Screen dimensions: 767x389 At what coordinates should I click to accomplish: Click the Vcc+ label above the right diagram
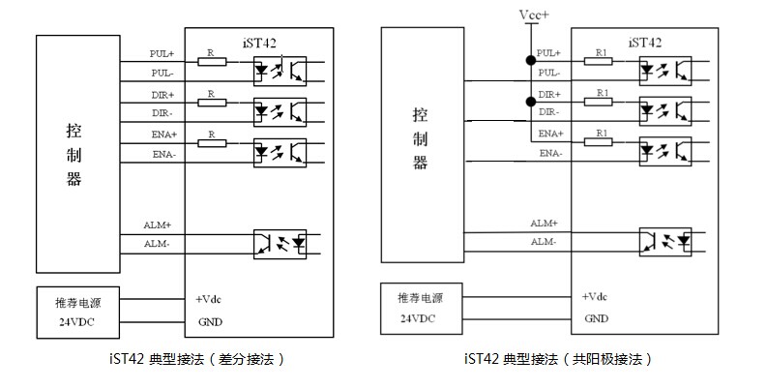tap(534, 15)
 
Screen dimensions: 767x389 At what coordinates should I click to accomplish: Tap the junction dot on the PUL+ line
tap(531, 61)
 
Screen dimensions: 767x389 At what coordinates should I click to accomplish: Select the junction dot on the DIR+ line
tap(531, 102)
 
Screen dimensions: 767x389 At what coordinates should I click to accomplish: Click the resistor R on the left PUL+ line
tap(212, 61)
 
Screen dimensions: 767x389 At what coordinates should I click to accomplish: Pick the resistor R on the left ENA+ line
tap(212, 143)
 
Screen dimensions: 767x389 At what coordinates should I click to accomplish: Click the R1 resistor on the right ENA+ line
tap(599, 142)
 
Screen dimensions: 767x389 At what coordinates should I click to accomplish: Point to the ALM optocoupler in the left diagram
tap(280, 244)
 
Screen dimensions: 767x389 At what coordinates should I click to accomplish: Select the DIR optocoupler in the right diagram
tap(665, 111)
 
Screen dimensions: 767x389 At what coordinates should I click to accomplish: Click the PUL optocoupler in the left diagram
tap(280, 71)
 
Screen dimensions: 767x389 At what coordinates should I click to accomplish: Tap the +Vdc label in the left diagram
tap(208, 299)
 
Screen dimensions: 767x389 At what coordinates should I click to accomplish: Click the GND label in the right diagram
tap(596, 318)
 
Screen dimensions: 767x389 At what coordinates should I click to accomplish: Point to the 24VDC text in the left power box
tap(76, 322)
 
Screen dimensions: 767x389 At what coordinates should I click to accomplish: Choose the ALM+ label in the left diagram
tap(158, 225)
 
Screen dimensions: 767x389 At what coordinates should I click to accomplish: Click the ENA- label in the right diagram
tap(550, 153)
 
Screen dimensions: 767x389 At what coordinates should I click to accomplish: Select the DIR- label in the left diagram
tap(162, 113)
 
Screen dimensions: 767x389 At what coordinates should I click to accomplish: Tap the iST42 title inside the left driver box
tap(259, 43)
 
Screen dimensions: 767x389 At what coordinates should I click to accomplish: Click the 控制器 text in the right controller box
tap(420, 138)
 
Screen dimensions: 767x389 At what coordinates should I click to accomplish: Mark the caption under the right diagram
tap(558, 359)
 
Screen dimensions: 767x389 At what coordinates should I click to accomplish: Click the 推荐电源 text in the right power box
tap(420, 297)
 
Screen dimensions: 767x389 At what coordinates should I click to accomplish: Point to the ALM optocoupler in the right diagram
tap(665, 242)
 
